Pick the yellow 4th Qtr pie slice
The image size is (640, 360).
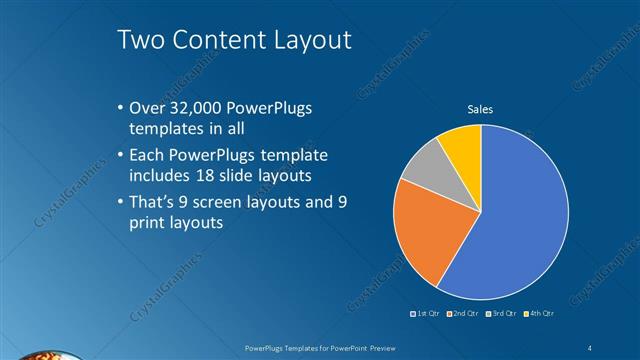click(x=463, y=145)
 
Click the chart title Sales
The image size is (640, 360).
click(x=481, y=109)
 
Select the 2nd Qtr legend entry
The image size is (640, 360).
click(x=463, y=313)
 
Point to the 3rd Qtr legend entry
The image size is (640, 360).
click(x=500, y=313)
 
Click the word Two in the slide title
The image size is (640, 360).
click(x=140, y=40)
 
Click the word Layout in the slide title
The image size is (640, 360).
click(x=309, y=40)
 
